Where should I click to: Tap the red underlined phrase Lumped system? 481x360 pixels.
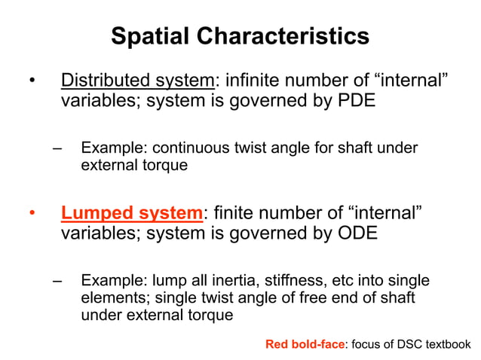(x=132, y=213)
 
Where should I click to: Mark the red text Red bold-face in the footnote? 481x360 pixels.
(x=305, y=345)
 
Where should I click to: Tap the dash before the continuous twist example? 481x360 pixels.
(x=57, y=148)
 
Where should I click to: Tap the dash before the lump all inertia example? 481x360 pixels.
(x=57, y=281)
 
